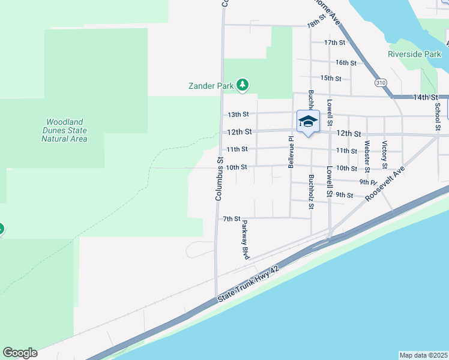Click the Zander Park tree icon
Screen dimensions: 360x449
coord(242,86)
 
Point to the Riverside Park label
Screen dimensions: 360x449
coord(414,54)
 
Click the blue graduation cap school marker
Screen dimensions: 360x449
coord(308,122)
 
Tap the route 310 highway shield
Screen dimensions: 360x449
coord(380,82)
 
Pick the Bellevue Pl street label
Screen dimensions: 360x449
coord(291,151)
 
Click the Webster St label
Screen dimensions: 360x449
coord(366,154)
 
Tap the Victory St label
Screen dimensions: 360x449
coord(385,154)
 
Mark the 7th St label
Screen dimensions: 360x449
coord(231,219)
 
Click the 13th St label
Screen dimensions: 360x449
coord(238,115)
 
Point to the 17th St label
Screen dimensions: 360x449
coord(334,43)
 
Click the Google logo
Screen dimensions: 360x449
coord(20,353)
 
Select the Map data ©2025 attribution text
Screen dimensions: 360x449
coord(424,355)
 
